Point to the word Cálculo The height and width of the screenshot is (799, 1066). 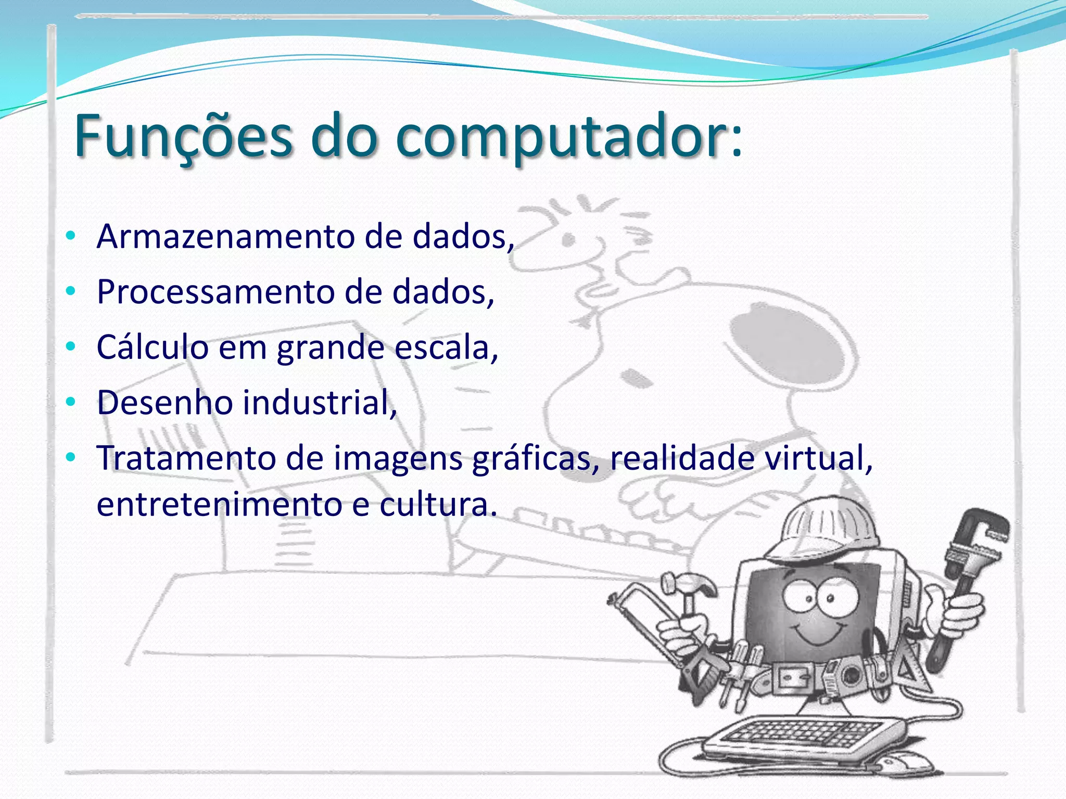(x=153, y=347)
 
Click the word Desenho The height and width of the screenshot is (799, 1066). (x=164, y=403)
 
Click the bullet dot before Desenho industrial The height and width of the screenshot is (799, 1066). (x=71, y=402)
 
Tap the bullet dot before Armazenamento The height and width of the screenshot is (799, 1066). (x=71, y=236)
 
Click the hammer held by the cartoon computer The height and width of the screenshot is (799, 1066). (x=687, y=590)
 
